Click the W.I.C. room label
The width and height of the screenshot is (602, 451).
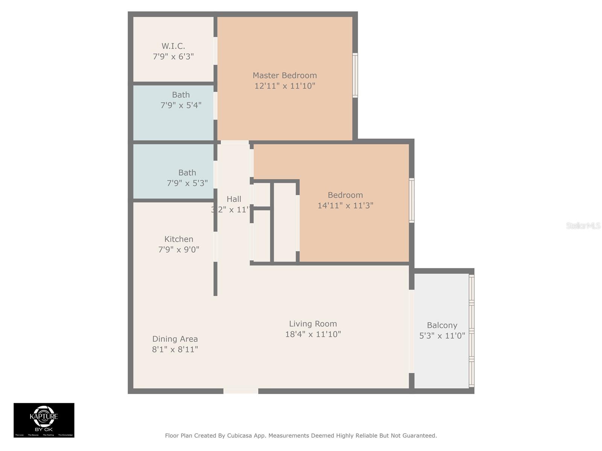click(173, 46)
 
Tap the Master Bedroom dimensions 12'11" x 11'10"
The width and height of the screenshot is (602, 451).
click(284, 86)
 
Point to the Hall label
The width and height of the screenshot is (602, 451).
click(234, 199)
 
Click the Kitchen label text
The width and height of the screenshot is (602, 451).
click(179, 239)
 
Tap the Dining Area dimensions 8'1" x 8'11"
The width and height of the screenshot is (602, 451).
click(175, 349)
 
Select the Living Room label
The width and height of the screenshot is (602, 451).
click(313, 324)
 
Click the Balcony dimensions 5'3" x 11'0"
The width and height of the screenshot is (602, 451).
click(442, 335)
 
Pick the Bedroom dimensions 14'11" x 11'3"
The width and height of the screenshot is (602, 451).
click(345, 205)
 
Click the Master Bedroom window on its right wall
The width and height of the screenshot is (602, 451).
click(355, 75)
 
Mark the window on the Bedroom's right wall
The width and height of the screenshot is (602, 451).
click(412, 200)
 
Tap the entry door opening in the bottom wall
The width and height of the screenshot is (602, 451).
click(241, 391)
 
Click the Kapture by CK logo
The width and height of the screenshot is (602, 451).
click(44, 420)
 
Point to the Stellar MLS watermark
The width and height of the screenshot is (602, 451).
click(583, 225)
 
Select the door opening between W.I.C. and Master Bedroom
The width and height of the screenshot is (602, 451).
click(216, 51)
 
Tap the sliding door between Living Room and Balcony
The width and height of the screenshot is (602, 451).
click(412, 331)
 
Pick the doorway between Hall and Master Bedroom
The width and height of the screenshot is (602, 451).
click(235, 142)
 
